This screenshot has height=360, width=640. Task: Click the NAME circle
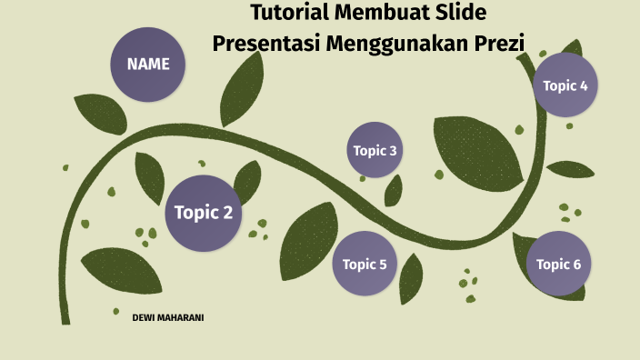point(148,65)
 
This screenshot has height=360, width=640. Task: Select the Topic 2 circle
point(204,214)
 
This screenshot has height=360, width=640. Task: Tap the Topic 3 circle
point(375,150)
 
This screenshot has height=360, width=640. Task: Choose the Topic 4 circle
point(565,85)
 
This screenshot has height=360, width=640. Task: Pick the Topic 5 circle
point(365,265)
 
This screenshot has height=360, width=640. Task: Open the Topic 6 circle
point(558,265)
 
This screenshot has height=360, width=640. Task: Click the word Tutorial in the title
point(289,14)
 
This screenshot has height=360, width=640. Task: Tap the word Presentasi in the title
point(264,42)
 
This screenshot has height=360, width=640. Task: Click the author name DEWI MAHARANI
point(167,317)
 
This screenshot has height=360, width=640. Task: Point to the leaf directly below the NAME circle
point(99,113)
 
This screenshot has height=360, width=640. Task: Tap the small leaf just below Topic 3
point(394,191)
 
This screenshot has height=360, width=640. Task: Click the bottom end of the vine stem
point(65,318)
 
